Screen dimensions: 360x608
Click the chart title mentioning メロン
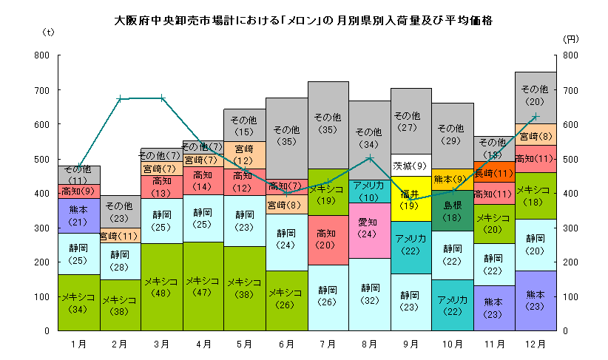(304, 18)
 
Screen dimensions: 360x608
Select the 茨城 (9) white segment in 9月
(411, 166)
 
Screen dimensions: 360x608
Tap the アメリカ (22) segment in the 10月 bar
(452, 305)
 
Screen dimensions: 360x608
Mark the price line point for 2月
(121, 98)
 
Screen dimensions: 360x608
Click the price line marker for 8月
(370, 157)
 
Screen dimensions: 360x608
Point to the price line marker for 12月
(535, 116)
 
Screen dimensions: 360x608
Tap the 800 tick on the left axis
(41, 55)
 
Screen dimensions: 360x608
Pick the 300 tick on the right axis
(570, 228)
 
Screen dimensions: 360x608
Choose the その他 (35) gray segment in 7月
(328, 123)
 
